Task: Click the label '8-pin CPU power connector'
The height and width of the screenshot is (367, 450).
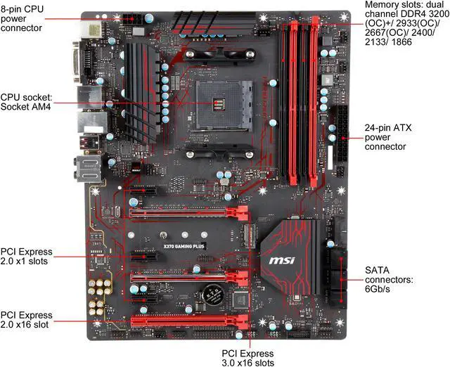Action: coord(22,18)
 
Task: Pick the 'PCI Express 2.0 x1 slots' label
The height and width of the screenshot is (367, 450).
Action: coord(27,257)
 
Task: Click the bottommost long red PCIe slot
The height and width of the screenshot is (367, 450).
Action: coord(190,323)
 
